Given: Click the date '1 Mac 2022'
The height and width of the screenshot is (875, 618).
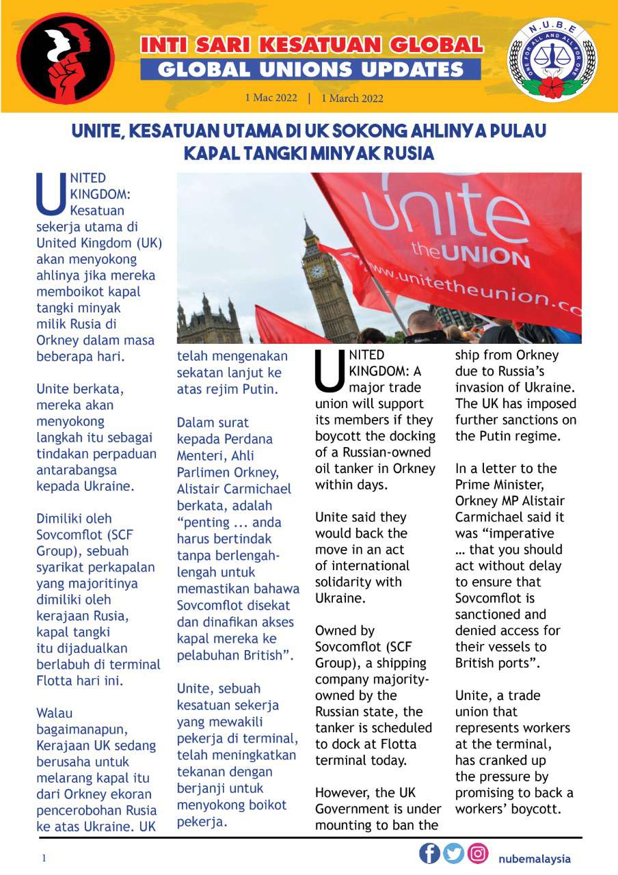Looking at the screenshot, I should point(271,98).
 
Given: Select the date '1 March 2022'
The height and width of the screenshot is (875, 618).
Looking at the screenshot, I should point(352,98).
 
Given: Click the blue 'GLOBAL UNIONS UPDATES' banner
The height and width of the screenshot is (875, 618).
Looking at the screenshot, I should point(311,70).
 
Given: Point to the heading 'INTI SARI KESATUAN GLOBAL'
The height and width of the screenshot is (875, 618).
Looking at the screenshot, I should point(311,46).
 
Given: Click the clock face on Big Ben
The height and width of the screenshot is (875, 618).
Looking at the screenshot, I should point(317,271).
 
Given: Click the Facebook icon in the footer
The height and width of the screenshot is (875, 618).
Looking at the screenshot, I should point(429,854).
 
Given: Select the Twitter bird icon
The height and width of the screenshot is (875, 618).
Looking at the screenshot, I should point(453,854).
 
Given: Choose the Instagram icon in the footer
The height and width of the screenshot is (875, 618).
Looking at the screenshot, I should point(479,854).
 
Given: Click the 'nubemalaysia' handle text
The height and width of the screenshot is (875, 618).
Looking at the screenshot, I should point(534,859).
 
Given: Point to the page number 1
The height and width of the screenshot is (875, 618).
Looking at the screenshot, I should point(44,858).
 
